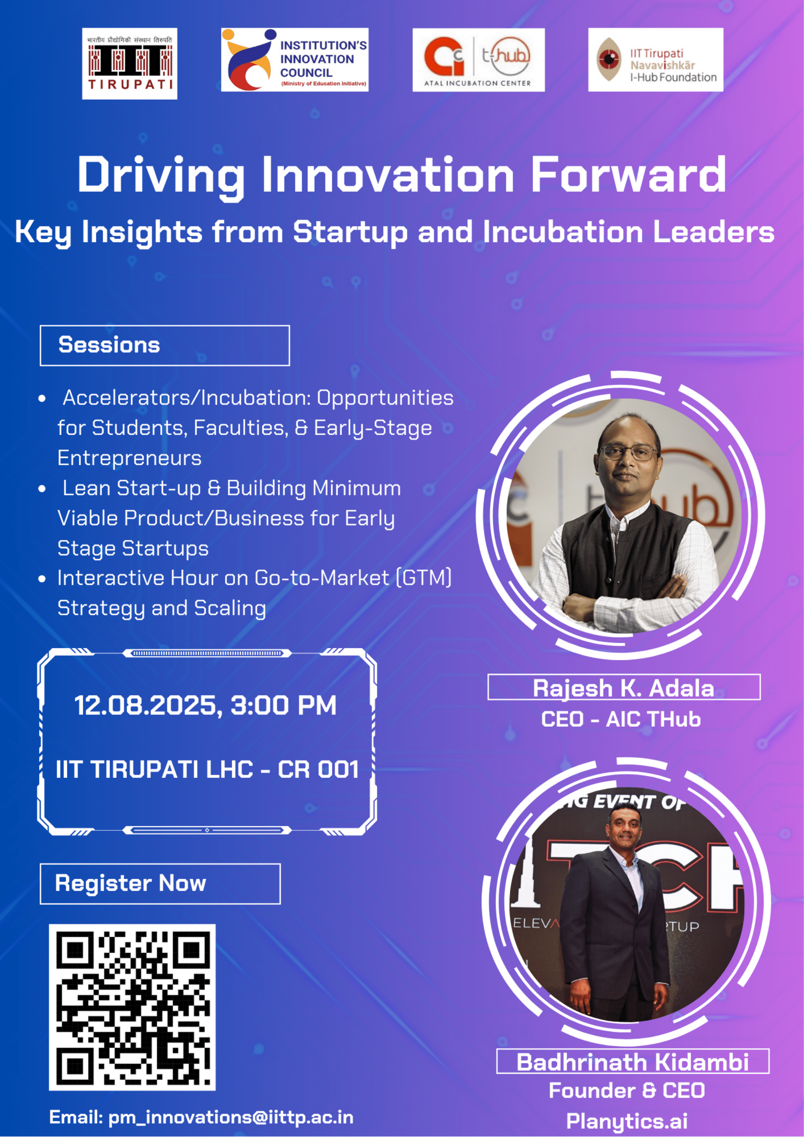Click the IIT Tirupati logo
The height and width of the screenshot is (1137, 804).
(x=130, y=63)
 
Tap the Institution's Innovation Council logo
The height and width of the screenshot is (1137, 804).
(x=295, y=60)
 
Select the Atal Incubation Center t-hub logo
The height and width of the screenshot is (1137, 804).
(x=479, y=60)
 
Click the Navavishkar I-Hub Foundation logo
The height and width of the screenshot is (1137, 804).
(x=655, y=60)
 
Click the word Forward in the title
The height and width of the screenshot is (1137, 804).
(x=628, y=175)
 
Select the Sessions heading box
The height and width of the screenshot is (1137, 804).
(x=165, y=346)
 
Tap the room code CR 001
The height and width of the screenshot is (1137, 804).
(x=318, y=770)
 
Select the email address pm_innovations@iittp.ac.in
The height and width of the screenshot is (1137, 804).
(x=231, y=1117)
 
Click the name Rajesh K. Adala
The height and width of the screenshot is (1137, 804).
(x=623, y=688)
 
